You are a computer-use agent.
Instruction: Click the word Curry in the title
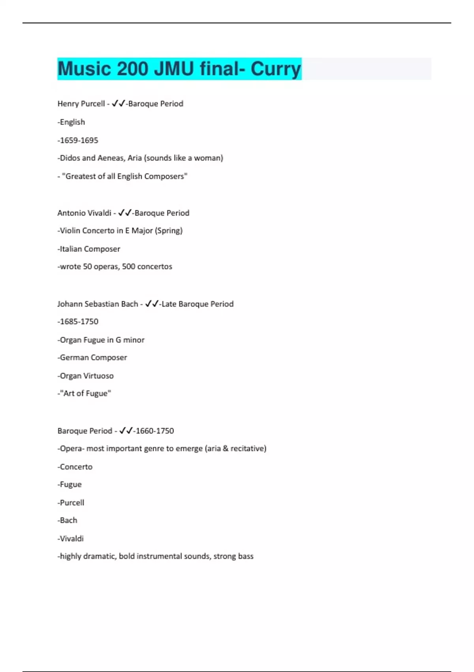[x=275, y=69]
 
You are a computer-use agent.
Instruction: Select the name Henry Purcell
[x=81, y=104]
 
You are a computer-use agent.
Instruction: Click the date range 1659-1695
[x=78, y=140]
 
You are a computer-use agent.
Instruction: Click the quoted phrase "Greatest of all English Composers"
[x=124, y=176]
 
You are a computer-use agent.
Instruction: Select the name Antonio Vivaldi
[x=84, y=213]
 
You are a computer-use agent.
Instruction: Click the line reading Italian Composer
[x=89, y=249]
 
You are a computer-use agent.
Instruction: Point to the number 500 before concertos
[x=128, y=266]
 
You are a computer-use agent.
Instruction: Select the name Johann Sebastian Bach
[x=98, y=304]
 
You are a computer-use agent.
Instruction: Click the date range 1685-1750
[x=78, y=322]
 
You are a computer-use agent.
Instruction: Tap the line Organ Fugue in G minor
[x=102, y=340]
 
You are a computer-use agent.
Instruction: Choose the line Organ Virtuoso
[x=86, y=376]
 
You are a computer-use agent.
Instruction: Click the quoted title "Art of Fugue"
[x=85, y=393]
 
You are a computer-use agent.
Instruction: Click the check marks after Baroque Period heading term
[x=126, y=430]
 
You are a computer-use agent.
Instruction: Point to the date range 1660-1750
[x=154, y=431]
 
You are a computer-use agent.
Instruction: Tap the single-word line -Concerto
[x=75, y=467]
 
